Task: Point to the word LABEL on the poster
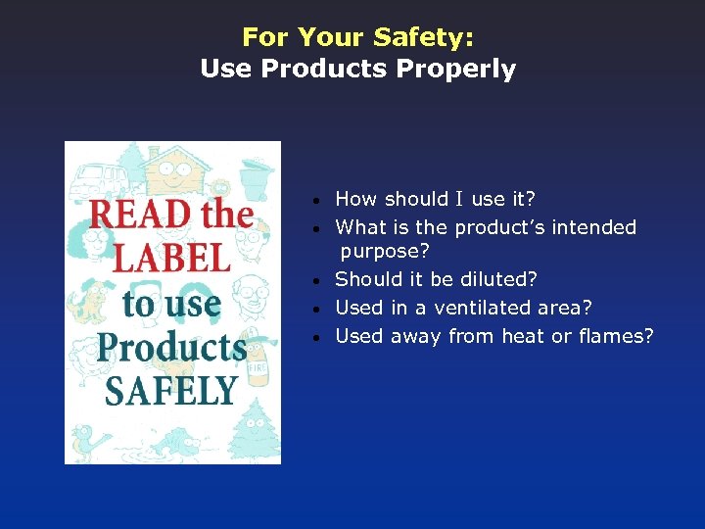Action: [x=172, y=258]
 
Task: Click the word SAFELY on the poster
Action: [x=171, y=389]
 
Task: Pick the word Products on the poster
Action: [x=171, y=346]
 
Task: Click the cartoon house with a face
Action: [x=176, y=171]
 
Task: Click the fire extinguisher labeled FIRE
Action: [x=258, y=362]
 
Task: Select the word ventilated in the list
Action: [x=484, y=308]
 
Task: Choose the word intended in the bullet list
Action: [x=593, y=227]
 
